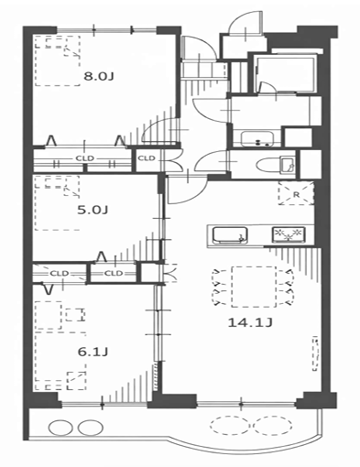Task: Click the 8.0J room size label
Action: (99, 76)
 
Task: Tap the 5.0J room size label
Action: (93, 210)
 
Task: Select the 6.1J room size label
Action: (93, 352)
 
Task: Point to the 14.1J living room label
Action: (250, 322)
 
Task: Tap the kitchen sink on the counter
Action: (230, 235)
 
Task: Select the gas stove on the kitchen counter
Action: (289, 235)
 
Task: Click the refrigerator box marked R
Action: (296, 193)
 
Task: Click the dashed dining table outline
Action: (254, 287)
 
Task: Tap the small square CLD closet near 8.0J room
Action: (147, 158)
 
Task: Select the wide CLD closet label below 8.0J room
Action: (84, 158)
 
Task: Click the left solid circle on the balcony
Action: (60, 428)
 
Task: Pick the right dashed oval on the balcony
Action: (273, 425)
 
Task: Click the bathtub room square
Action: (287, 73)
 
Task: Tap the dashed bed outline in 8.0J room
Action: (58, 60)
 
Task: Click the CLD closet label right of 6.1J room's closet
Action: (114, 273)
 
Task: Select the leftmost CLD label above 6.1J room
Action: (60, 273)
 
